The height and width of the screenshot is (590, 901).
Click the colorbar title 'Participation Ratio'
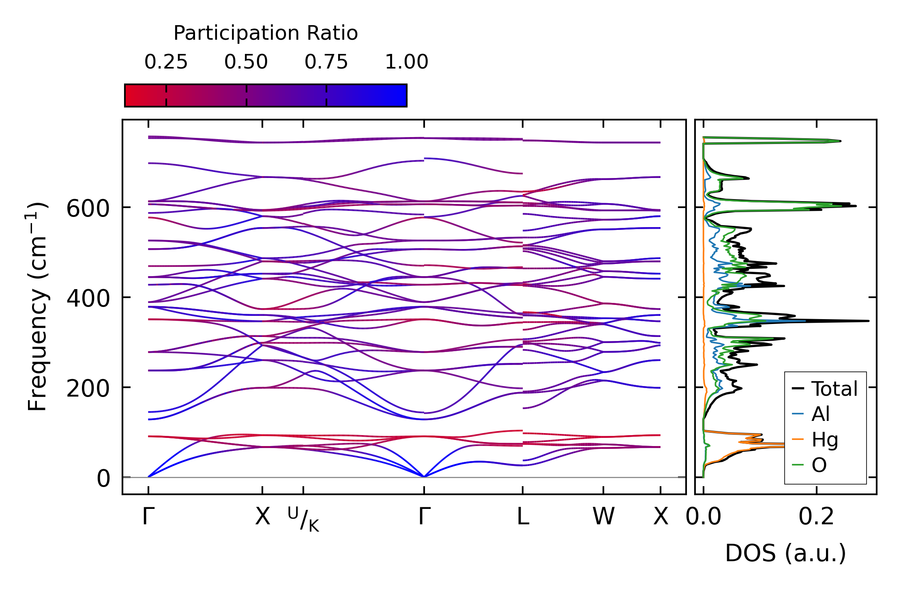tap(266, 33)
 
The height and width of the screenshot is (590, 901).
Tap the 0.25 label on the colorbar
tap(166, 62)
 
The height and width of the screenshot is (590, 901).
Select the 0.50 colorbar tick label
tap(246, 62)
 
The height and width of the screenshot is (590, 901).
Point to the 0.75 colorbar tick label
tap(326, 62)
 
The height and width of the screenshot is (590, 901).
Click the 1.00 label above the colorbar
tap(407, 62)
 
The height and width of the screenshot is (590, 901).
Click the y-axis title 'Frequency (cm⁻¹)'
tap(37, 307)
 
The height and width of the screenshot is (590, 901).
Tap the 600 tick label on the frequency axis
tap(88, 209)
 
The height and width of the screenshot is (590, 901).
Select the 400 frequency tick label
tap(88, 299)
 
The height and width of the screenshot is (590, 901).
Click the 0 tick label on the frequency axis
tap(103, 479)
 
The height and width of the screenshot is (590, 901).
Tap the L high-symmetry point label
tap(523, 517)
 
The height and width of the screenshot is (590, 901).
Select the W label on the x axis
tap(603, 517)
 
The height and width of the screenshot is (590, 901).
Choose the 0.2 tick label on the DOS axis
tap(816, 517)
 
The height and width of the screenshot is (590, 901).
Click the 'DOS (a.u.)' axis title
tap(786, 554)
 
